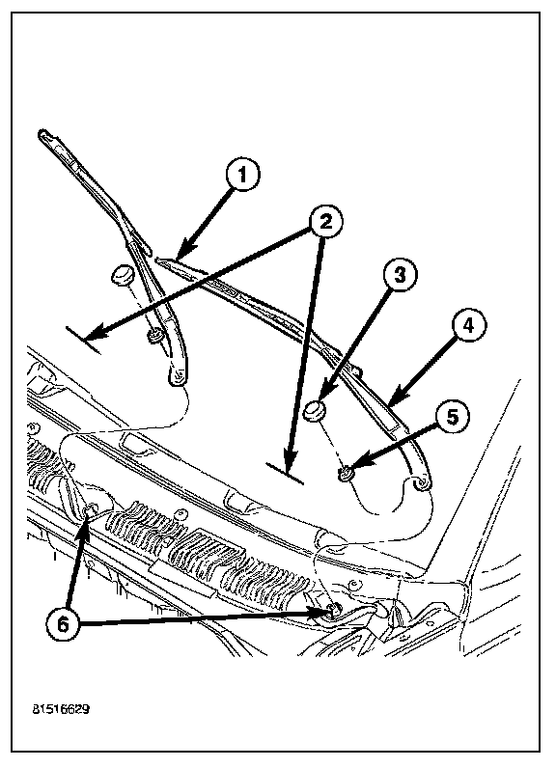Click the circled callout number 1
[242, 175]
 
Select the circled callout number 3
[400, 275]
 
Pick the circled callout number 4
[469, 326]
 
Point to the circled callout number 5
[452, 417]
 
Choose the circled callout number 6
[64, 624]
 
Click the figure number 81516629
[61, 709]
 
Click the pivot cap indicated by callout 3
[314, 410]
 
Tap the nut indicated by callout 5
[347, 474]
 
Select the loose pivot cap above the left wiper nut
[122, 275]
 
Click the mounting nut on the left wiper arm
[155, 337]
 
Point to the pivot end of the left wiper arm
[178, 376]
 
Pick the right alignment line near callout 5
[285, 473]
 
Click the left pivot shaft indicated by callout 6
[90, 510]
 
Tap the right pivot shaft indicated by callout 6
[332, 611]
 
